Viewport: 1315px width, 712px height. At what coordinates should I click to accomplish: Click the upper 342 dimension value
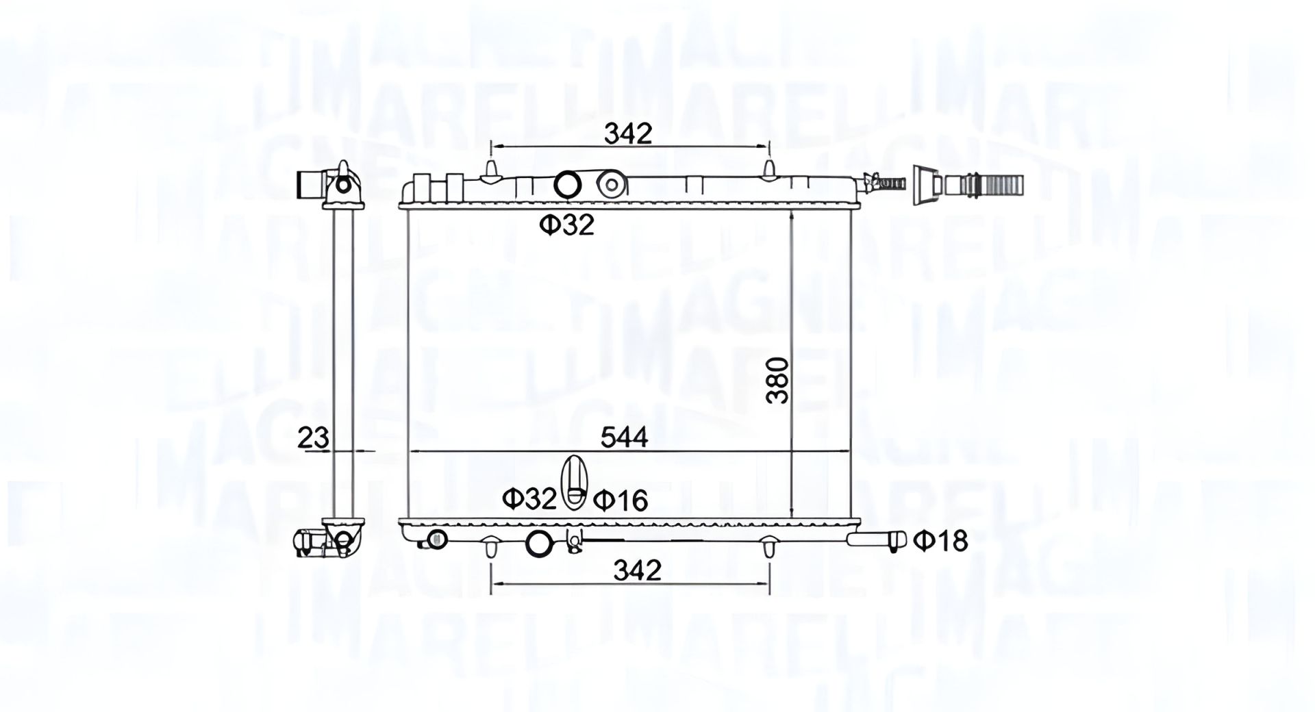coord(627,133)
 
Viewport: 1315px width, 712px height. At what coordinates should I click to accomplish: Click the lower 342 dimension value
coord(637,570)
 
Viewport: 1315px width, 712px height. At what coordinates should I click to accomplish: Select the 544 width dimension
coord(624,437)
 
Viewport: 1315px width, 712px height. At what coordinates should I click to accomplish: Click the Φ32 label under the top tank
coord(566,225)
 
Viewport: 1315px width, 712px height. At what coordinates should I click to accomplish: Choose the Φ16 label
coord(620,500)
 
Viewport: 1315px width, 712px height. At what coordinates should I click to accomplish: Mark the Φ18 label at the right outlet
coord(940,541)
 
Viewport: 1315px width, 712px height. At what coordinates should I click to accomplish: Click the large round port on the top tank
coord(567,184)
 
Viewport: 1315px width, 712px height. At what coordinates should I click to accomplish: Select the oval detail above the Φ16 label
coord(573,483)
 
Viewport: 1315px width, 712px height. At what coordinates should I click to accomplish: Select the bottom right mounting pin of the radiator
coord(768,548)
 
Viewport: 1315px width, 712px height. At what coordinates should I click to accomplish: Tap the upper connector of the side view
coord(330,185)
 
